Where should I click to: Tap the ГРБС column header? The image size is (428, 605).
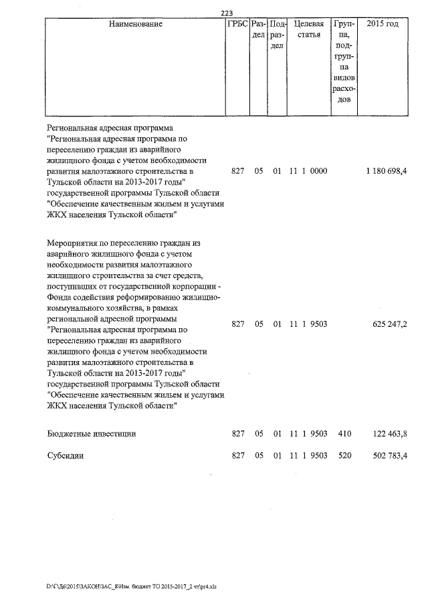237,24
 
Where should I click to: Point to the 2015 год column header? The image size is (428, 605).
383,24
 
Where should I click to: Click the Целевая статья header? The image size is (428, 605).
309,29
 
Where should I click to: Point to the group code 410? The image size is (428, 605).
344,434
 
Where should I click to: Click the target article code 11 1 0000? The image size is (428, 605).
308,172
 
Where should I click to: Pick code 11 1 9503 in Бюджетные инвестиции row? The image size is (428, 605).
308,434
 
